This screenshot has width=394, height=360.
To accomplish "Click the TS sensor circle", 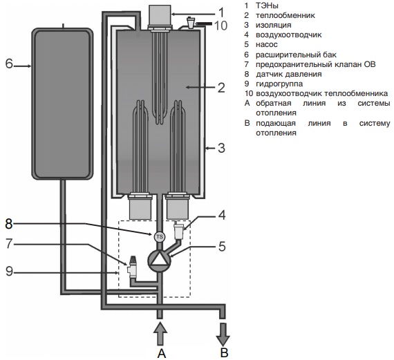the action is click(160, 236).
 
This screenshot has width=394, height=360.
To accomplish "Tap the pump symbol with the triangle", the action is click(159, 260).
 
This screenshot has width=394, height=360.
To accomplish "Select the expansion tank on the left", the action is click(62, 104).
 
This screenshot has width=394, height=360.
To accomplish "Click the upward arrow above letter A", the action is click(160, 334).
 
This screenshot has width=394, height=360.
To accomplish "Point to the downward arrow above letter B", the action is click(223, 334).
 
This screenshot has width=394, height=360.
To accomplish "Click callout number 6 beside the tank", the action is click(9, 64).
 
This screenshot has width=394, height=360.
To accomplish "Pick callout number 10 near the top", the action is click(221, 26).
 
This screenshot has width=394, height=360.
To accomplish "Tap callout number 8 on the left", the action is click(9, 223).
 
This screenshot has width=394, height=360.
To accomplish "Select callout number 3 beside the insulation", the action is click(221, 148).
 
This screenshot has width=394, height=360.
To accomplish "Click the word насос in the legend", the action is click(267, 44).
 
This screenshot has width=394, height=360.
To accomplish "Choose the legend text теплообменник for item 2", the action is click(285, 15).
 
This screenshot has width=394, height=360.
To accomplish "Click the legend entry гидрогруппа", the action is click(279, 84).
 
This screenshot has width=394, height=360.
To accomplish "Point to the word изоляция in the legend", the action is click(274, 25).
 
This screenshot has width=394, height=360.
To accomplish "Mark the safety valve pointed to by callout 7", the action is click(132, 267).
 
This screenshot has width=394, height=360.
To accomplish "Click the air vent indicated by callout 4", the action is click(179, 230).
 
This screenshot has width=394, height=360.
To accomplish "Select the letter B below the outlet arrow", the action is click(225, 352).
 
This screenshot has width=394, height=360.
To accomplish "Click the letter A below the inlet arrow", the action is click(162, 354).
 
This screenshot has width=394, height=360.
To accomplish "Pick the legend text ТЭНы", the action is click(267, 6).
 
